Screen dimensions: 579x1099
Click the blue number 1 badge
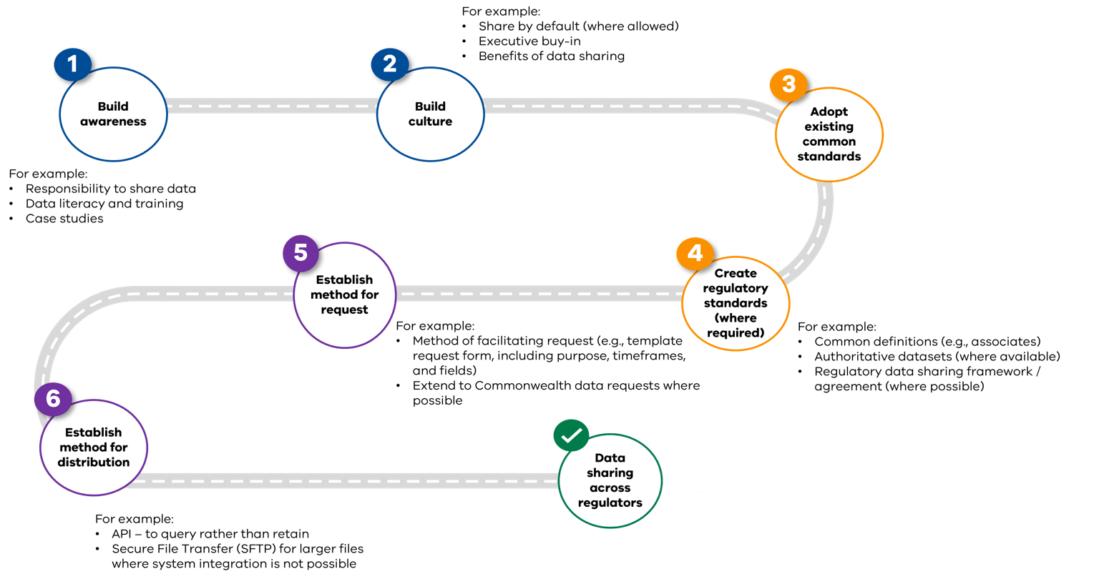coord(72,65)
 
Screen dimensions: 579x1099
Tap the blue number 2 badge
coord(389,64)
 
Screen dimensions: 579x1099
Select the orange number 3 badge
coord(788,84)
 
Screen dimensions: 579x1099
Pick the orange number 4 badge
coord(695,254)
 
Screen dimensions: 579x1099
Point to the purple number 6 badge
coord(54,399)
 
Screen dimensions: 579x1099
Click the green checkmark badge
coord(571,435)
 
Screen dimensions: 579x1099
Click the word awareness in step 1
coord(113,122)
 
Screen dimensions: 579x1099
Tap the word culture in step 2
coord(430,122)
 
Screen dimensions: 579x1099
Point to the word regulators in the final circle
coord(610,503)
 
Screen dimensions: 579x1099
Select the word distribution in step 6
coord(94,462)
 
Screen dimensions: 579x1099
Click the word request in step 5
coord(345,310)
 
